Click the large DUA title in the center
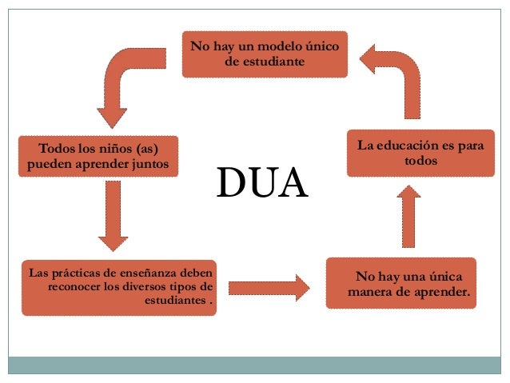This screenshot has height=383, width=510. pyautogui.click(x=262, y=183)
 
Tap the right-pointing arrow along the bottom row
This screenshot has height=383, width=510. pyautogui.click(x=269, y=287)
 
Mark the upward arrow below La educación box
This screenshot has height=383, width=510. pyautogui.click(x=408, y=216)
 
